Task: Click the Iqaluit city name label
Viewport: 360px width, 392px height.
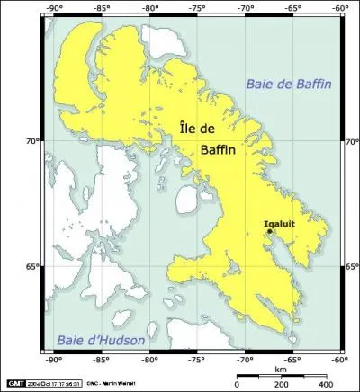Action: (280, 222)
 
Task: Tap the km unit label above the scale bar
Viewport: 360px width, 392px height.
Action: (282, 369)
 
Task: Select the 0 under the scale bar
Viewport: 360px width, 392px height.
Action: (237, 384)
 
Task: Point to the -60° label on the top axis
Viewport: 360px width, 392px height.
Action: (339, 10)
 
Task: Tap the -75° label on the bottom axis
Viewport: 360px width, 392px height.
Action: (196, 359)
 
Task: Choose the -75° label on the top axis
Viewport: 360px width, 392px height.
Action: (196, 10)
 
